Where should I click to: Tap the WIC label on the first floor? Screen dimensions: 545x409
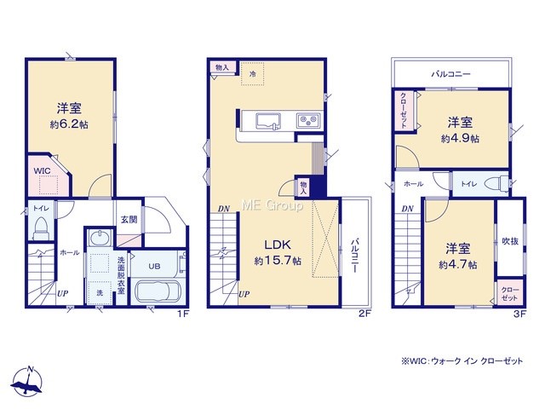(42, 170)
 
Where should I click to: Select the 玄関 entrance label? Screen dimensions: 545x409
(129, 220)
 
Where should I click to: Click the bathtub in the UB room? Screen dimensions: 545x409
(158, 291)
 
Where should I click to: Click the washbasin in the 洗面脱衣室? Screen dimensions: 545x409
(99, 239)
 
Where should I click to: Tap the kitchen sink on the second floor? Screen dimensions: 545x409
(269, 121)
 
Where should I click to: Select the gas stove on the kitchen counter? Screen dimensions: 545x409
(308, 121)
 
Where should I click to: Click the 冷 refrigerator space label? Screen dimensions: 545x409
(253, 74)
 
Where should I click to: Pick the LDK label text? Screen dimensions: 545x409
(278, 245)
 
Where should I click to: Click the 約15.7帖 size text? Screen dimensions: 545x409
(278, 262)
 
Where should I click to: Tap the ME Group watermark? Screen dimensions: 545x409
(272, 205)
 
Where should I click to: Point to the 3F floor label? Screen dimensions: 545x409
(520, 314)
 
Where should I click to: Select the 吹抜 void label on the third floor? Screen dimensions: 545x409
(510, 241)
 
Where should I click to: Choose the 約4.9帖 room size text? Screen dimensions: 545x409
(460, 139)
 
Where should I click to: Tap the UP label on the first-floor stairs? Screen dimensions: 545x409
(62, 293)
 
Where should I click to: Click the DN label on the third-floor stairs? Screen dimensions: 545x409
(407, 209)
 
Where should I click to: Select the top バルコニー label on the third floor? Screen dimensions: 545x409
(450, 74)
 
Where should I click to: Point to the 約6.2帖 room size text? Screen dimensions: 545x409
(69, 124)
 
